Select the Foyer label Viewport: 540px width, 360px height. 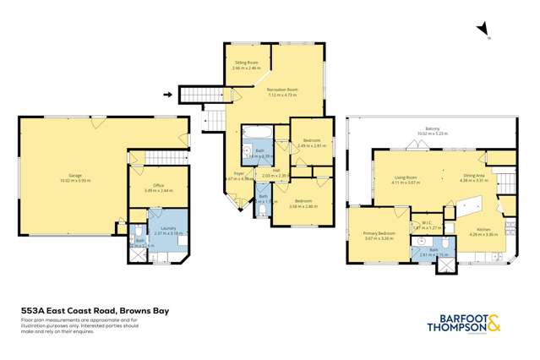point(239,177)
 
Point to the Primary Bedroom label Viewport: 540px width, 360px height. point(379,235)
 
